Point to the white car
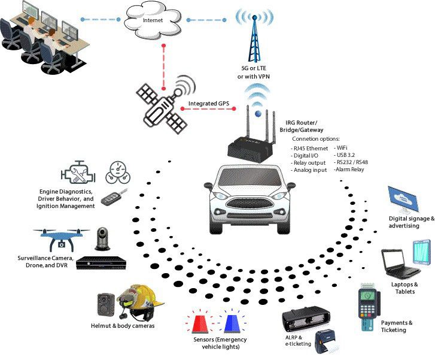(251, 197)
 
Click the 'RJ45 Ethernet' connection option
(309, 147)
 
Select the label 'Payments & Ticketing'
(397, 326)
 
